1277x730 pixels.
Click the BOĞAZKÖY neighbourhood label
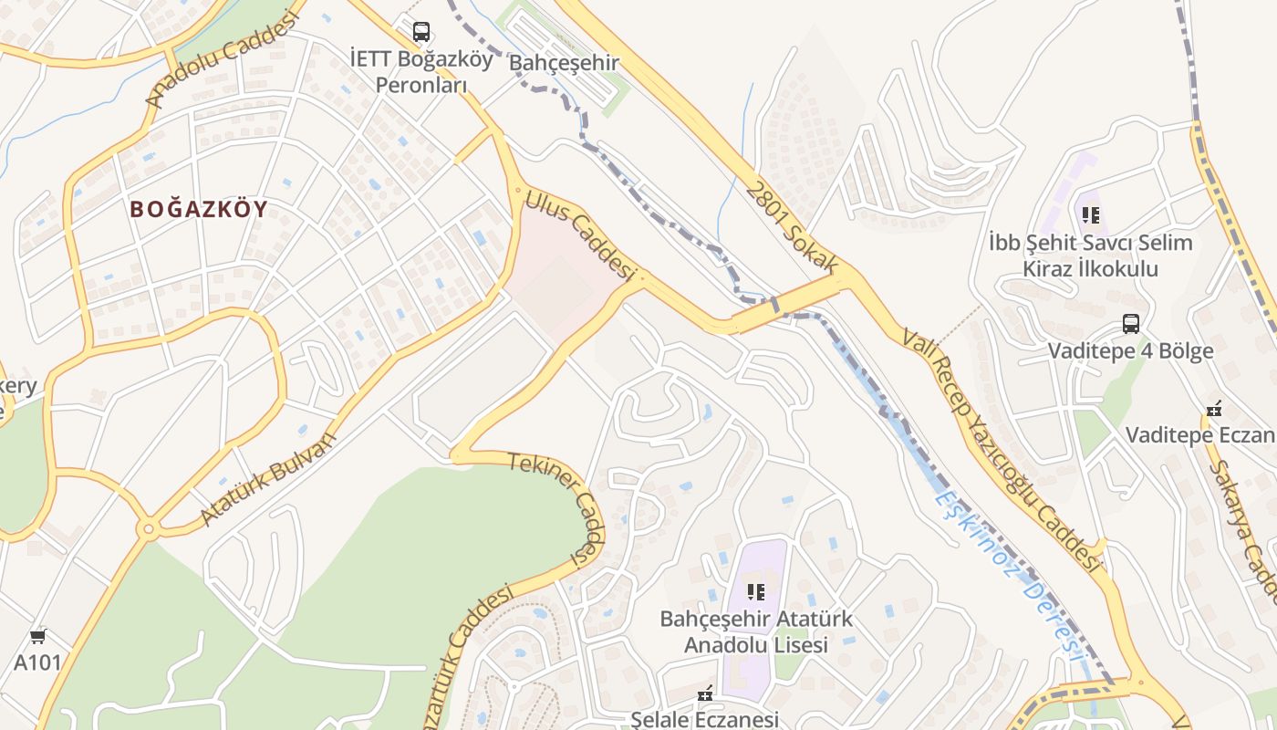coord(199,209)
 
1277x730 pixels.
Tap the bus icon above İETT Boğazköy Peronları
coord(420,32)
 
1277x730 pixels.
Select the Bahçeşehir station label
coord(564,63)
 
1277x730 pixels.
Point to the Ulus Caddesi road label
coord(580,235)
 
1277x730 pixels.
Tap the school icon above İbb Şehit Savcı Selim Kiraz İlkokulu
coord(1090,215)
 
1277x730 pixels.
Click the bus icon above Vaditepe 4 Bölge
coord(1130,324)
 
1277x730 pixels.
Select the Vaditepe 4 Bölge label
coord(1130,351)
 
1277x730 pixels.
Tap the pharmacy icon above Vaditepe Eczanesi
coord(1213,408)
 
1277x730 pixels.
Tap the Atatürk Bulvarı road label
coord(268,478)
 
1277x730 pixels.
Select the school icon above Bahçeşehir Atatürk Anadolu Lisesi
coord(755,592)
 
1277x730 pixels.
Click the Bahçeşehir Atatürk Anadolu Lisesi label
coord(756,631)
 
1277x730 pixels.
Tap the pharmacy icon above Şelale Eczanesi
coord(704,695)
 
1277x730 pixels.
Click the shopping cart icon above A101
coord(37,636)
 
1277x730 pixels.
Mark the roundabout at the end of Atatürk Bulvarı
coord(148,528)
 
